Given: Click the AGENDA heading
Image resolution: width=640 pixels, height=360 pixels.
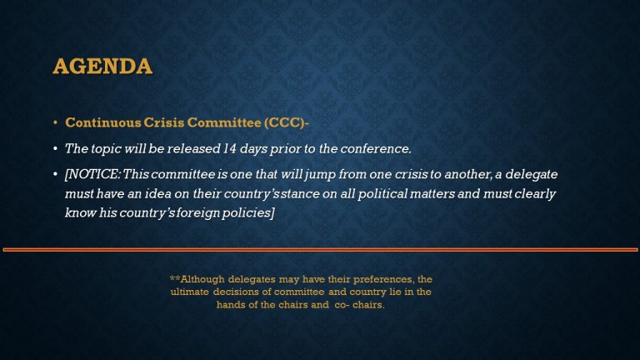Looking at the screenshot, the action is [102, 66].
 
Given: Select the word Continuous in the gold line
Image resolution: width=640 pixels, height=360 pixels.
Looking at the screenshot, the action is [103, 122].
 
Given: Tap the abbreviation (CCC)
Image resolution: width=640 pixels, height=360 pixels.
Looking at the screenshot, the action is [284, 122].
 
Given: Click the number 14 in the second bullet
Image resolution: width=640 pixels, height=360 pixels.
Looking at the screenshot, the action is [230, 148].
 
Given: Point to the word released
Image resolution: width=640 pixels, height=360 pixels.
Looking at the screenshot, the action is [194, 148].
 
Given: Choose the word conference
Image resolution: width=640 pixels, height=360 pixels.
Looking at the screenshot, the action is [376, 148].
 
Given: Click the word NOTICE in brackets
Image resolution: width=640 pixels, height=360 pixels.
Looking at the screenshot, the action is [92, 174].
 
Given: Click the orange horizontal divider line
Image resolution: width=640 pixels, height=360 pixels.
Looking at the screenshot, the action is [320, 249].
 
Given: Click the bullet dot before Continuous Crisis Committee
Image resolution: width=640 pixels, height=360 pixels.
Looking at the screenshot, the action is [56, 122].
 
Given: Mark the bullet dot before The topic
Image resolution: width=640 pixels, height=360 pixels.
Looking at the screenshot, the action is [56, 149].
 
